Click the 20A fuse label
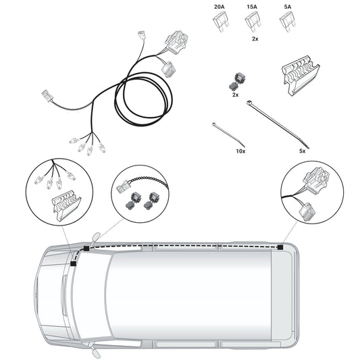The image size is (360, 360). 220,7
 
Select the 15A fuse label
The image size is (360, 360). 252,7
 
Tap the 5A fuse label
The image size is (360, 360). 288,7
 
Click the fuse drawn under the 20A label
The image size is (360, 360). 221,22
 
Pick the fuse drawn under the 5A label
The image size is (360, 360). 288,22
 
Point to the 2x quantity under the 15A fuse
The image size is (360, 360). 255,38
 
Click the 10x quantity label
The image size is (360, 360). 240,151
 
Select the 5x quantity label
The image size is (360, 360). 303,151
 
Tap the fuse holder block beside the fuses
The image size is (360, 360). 301,75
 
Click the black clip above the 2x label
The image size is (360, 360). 237,82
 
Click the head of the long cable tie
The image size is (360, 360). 249,103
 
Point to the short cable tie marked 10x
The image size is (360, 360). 228,135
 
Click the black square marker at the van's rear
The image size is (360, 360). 280,247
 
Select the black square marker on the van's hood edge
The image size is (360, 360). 73,264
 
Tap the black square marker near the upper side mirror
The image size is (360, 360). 86,248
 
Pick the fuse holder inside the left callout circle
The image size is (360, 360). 66,205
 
